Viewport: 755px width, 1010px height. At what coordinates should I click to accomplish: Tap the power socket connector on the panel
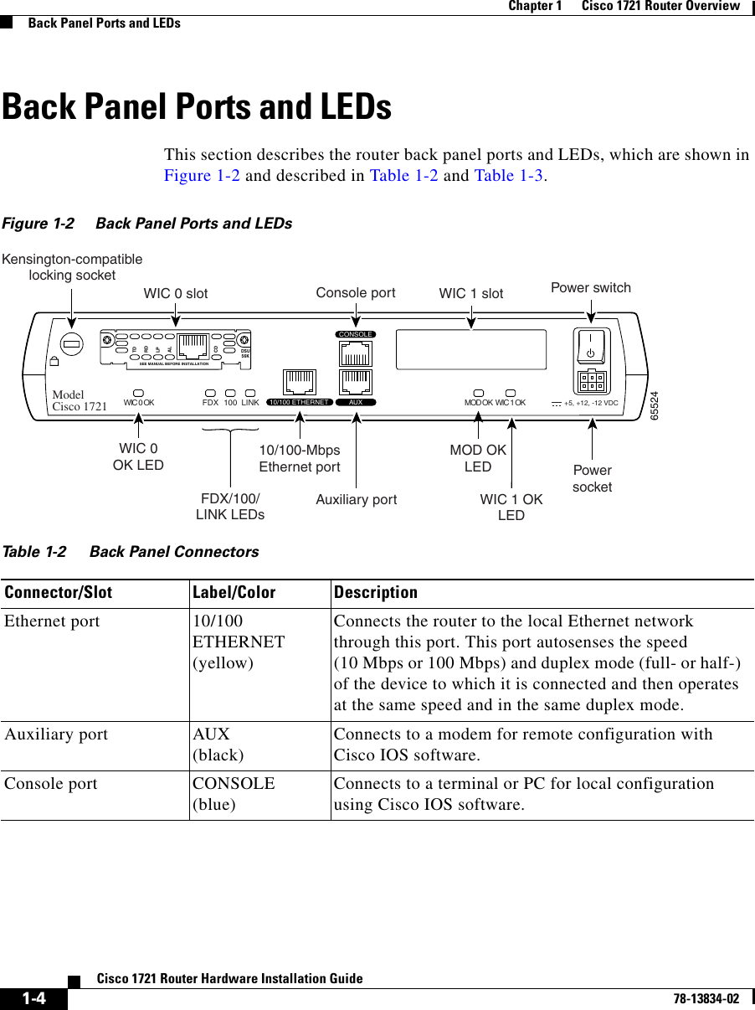coord(591,381)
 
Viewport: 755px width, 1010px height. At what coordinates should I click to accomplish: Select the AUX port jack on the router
coord(356,382)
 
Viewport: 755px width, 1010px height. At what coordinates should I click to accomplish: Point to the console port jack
coord(356,353)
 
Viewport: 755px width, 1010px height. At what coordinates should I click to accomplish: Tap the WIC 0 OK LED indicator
coord(138,391)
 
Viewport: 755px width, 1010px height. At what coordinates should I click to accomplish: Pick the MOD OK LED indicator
coord(479,391)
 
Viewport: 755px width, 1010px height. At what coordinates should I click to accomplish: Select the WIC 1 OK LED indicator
coord(511,391)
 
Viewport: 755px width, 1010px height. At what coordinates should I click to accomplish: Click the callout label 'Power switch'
coord(591,288)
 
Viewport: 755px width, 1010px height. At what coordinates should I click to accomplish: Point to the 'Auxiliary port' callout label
coord(357,500)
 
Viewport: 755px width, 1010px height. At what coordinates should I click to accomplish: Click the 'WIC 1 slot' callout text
coord(471,293)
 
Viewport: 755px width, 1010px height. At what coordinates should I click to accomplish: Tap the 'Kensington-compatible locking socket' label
coord(72,266)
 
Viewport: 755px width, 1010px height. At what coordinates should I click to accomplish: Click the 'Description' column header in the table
coord(375,593)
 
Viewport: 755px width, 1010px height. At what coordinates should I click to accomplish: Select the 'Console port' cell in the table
coord(51,785)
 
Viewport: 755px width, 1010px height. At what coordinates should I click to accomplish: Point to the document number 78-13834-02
coord(702,998)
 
